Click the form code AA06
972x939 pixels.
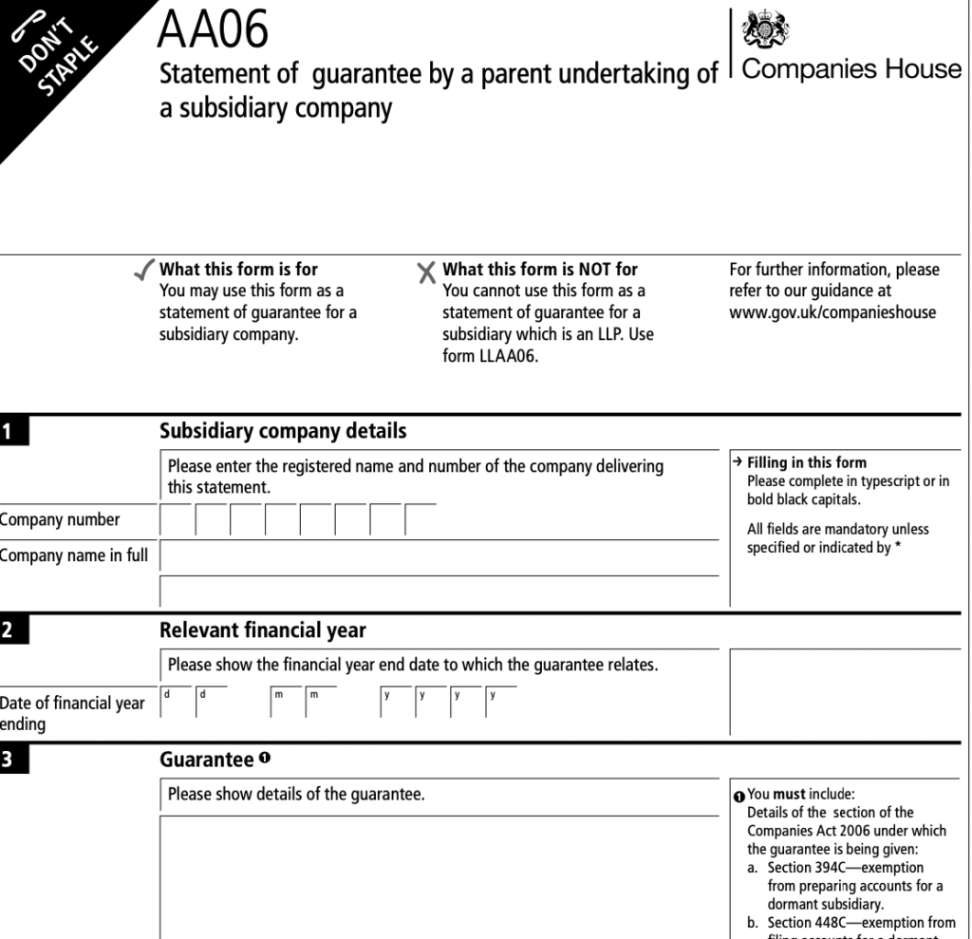(x=214, y=30)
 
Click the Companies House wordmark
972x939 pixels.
(x=851, y=69)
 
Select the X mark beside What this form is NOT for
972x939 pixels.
(x=427, y=273)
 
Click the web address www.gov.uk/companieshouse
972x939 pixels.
(x=832, y=312)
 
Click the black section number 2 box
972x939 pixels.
(x=15, y=631)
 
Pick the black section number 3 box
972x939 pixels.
(x=15, y=761)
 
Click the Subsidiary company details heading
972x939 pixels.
(x=283, y=431)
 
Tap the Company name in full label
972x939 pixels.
(x=74, y=556)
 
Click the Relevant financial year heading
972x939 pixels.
(x=263, y=630)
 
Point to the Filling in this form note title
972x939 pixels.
(x=807, y=463)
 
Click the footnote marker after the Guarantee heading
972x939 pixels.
(x=265, y=759)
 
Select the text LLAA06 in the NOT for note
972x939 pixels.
(x=513, y=358)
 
